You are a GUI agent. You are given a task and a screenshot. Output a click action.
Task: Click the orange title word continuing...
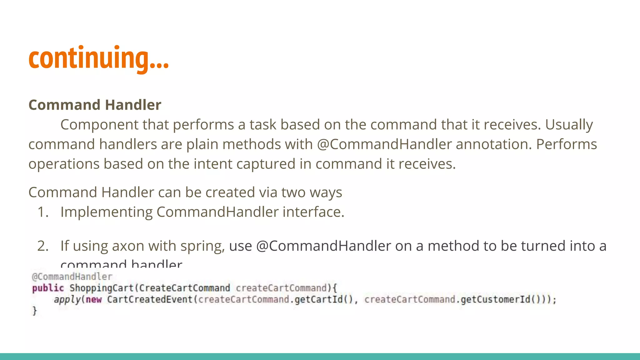[98, 58]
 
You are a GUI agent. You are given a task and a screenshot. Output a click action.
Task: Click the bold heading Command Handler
[95, 105]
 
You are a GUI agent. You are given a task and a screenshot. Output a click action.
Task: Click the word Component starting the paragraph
[100, 125]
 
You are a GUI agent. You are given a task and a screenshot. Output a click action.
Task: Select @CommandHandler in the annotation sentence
[384, 144]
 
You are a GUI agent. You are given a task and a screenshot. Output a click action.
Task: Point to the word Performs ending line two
[566, 144]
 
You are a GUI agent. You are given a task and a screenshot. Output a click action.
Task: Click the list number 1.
[43, 212]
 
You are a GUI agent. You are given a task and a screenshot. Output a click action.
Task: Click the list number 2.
[43, 246]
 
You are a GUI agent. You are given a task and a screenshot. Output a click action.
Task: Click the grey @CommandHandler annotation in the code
[72, 277]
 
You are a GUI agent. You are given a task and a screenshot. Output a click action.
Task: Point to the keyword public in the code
[48, 288]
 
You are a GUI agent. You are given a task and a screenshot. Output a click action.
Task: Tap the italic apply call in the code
[67, 300]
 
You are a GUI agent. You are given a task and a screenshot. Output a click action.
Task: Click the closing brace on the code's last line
[35, 311]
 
